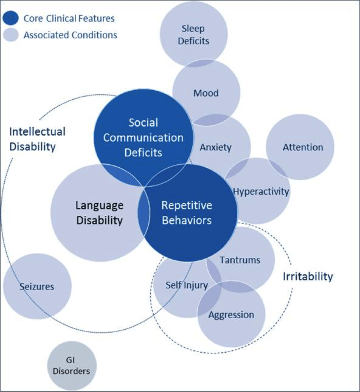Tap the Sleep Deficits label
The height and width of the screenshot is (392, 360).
click(x=193, y=35)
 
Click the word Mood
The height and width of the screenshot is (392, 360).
click(x=206, y=93)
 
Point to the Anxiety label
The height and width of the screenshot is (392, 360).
click(x=216, y=147)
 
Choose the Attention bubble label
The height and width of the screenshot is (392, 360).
click(x=303, y=147)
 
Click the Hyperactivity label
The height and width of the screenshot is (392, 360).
click(x=261, y=192)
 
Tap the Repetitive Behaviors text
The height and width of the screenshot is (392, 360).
click(x=186, y=213)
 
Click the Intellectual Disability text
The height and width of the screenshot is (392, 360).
click(x=37, y=139)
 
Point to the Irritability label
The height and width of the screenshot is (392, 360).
click(x=307, y=276)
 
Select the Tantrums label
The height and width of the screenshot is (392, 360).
click(x=240, y=260)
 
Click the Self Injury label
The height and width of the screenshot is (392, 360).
click(x=181, y=285)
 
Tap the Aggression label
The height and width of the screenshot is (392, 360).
click(x=231, y=315)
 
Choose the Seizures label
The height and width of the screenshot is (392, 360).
click(x=37, y=287)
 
